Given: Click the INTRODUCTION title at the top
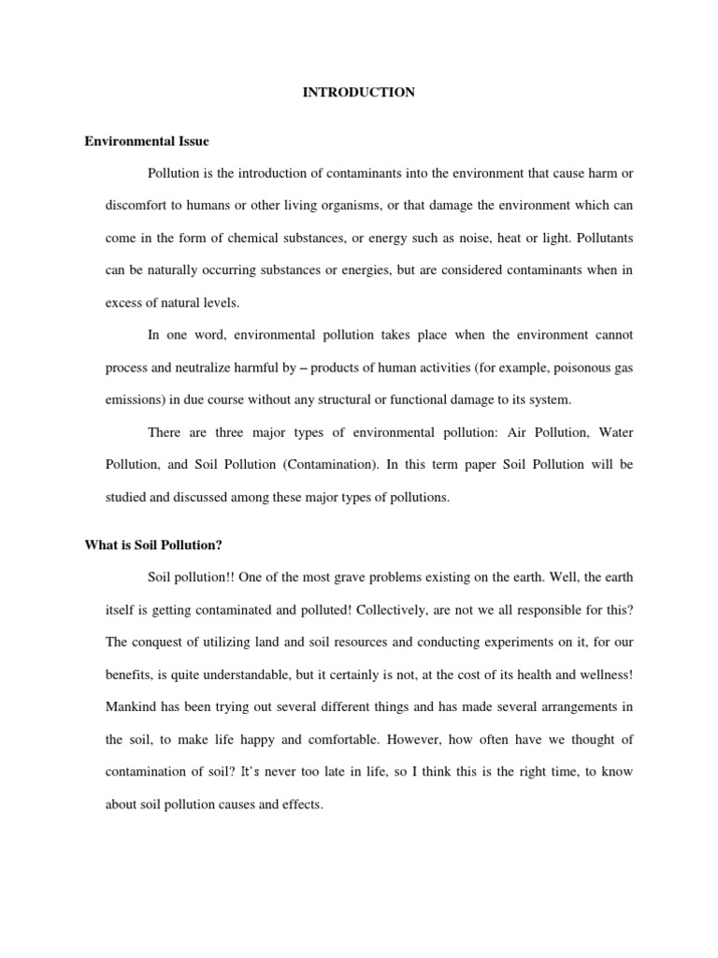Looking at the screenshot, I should (x=359, y=93).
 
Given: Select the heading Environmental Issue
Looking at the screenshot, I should (x=147, y=141).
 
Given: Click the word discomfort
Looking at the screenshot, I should (x=137, y=206).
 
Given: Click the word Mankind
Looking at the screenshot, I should (x=133, y=706).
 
